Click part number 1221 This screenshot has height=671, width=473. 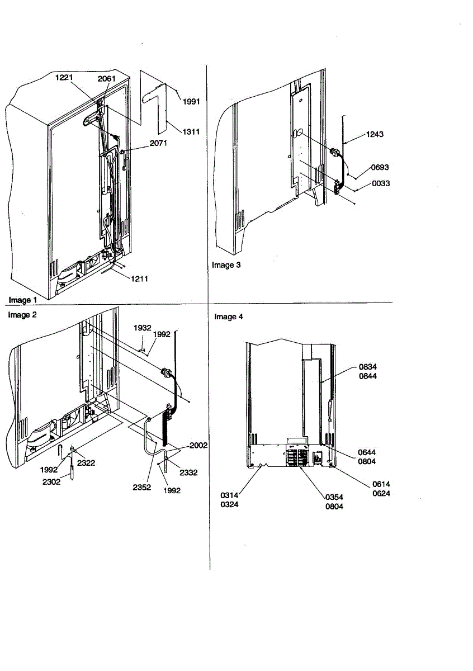tap(64, 79)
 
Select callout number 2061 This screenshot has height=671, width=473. tap(106, 79)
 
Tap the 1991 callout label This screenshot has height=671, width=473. tap(191, 101)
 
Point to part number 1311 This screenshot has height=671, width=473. tap(191, 131)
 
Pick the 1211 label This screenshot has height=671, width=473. tap(139, 278)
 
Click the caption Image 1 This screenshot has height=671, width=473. tap(20, 300)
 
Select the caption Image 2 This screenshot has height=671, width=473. tap(22, 315)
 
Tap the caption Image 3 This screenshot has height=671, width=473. tap(226, 265)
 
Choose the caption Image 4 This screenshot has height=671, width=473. tap(229, 316)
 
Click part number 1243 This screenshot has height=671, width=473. tap(375, 134)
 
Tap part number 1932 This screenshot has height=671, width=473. tap(142, 328)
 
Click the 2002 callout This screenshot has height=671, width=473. tap(198, 445)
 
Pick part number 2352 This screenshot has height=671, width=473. tap(141, 486)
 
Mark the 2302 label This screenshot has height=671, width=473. tap(51, 481)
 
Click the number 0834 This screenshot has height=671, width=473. tap(368, 367)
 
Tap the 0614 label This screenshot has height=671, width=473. tap(382, 485)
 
